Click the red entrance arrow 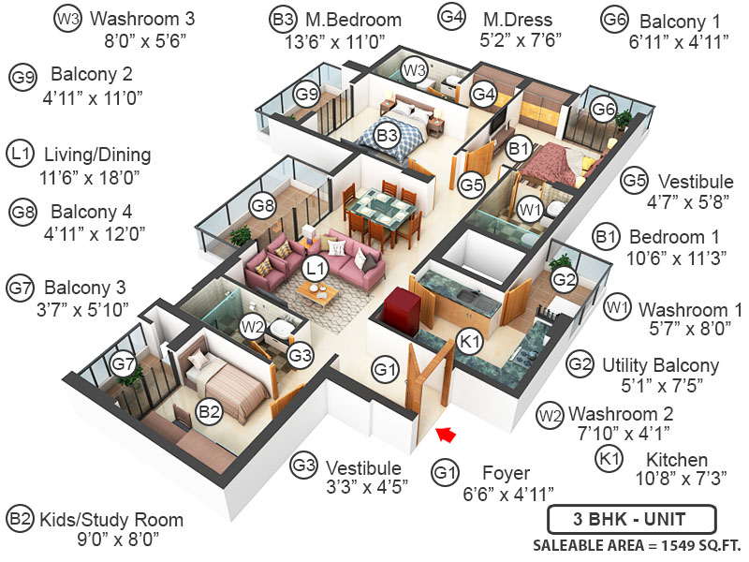coord(447,434)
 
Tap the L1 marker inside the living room coord(316,268)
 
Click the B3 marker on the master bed coord(388,137)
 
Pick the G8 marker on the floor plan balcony coord(262,205)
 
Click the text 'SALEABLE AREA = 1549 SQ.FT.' coord(637,546)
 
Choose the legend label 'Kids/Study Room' coord(110,520)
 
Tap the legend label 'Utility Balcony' coord(660,364)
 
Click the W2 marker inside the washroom coord(251,327)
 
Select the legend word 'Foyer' coord(506,473)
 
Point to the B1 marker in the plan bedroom coord(519,148)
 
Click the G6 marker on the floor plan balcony coord(604,110)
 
